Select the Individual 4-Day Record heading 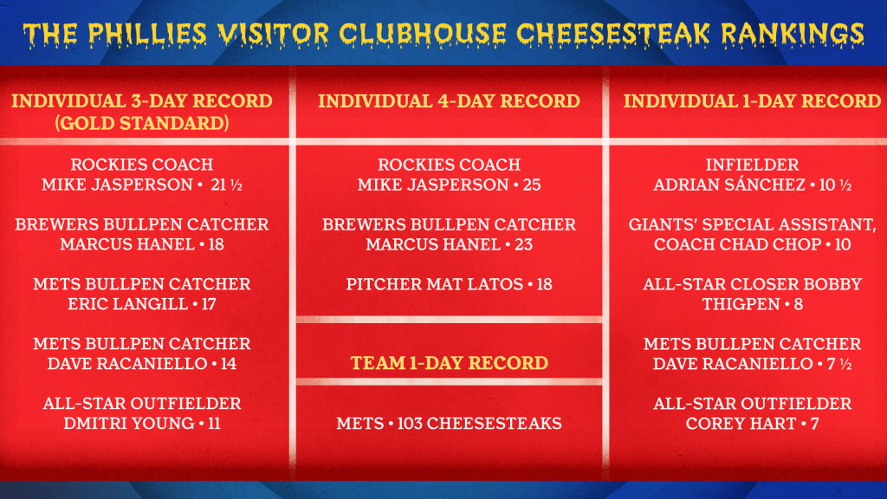point(450,101)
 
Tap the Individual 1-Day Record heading point(753,101)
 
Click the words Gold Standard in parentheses point(142,123)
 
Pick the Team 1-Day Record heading point(450,363)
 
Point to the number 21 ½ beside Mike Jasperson point(226,185)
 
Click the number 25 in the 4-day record point(532,185)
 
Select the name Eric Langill point(128,304)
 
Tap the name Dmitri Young point(129,424)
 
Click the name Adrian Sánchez point(729,185)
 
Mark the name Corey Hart point(741,424)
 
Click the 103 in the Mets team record point(409,424)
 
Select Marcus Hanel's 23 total point(523,245)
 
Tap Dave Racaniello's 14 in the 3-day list point(229,364)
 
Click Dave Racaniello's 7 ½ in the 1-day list point(838,364)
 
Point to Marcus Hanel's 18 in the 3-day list point(216,245)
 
